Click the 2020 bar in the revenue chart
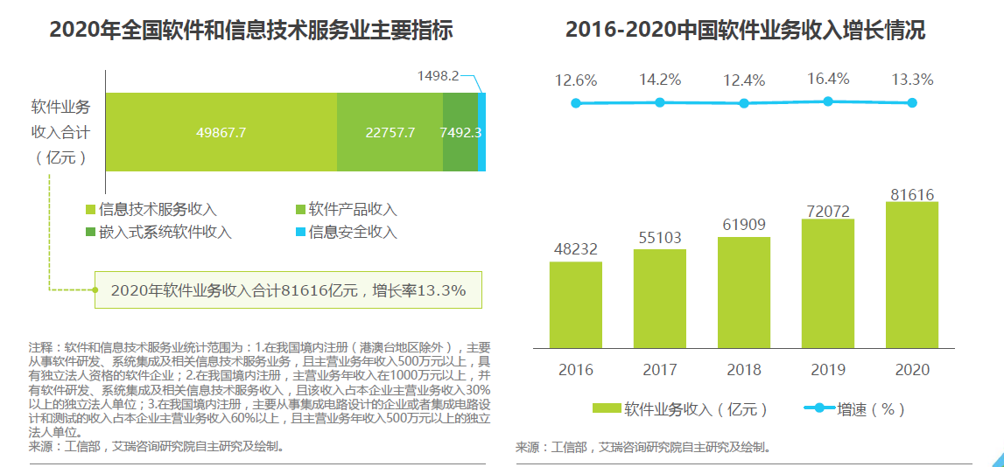[911, 275]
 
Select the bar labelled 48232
[575, 304]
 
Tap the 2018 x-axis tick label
[743, 370]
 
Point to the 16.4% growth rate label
[827, 80]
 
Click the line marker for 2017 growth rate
[660, 102]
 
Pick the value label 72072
[827, 209]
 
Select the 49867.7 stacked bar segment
[221, 132]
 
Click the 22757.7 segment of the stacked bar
[390, 132]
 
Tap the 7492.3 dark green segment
[460, 132]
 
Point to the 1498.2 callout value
[438, 76]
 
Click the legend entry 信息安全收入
[352, 232]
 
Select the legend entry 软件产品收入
[352, 210]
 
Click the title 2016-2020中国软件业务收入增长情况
[745, 31]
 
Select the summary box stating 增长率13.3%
[288, 289]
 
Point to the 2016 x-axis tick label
[575, 370]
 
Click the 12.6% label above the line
[575, 80]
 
